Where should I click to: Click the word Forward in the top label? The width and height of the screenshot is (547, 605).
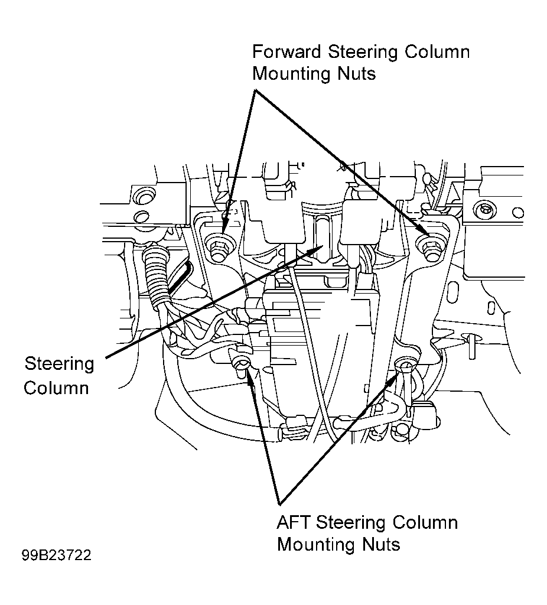pyautogui.click(x=286, y=52)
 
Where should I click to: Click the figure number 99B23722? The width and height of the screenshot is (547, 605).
pyautogui.click(x=56, y=555)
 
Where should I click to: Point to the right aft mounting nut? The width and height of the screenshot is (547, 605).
pyautogui.click(x=405, y=365)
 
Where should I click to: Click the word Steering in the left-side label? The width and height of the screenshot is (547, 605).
pyautogui.click(x=60, y=365)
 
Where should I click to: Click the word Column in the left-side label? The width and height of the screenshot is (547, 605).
pyautogui.click(x=56, y=388)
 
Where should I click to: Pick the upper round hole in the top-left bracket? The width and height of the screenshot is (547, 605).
pyautogui.click(x=144, y=196)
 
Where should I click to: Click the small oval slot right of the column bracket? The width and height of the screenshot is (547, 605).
pyautogui.click(x=491, y=308)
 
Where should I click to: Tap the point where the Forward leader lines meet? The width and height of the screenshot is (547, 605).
pyautogui.click(x=255, y=90)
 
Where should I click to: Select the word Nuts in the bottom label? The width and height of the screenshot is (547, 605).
pyautogui.click(x=381, y=545)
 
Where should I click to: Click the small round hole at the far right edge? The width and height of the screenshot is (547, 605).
pyautogui.click(x=519, y=213)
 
